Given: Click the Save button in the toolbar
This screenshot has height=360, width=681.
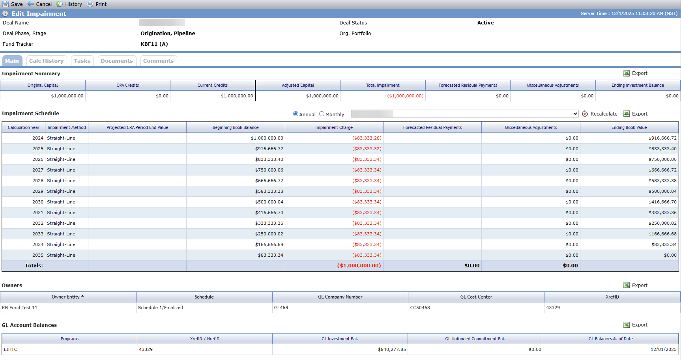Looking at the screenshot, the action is (x=13, y=4).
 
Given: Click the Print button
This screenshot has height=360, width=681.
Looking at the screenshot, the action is (x=97, y=4).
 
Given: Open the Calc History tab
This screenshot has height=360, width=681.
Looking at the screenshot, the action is (x=47, y=61).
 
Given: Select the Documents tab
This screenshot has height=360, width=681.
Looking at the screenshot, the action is (x=117, y=61).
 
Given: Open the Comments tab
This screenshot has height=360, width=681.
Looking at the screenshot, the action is (x=158, y=61).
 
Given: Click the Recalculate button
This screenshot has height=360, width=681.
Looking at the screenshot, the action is (x=600, y=114).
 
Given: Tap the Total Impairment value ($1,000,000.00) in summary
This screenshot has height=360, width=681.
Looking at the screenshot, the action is (x=405, y=96).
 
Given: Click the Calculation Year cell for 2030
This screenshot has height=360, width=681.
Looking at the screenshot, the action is (x=38, y=202).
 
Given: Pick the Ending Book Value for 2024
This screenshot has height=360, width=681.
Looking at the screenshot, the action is (x=662, y=138).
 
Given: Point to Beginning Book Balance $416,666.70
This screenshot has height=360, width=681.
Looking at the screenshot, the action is (x=269, y=213).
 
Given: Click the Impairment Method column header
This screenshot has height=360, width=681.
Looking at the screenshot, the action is (x=67, y=127).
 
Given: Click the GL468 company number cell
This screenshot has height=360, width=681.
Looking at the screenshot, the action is (x=281, y=308).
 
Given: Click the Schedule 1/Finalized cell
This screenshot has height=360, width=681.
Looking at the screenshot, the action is (x=161, y=308).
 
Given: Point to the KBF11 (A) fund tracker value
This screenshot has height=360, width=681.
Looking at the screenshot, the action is (x=154, y=44).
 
